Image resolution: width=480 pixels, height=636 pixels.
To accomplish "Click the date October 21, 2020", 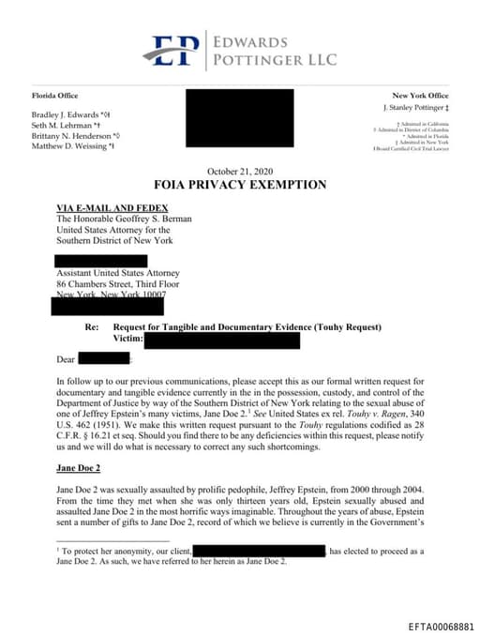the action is (x=239, y=170).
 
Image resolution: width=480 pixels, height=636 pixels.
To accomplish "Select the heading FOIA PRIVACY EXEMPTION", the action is (x=240, y=185).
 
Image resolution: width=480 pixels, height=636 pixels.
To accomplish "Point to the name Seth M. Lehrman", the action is (x=63, y=125).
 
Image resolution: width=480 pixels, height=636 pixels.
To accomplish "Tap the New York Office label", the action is (x=420, y=96).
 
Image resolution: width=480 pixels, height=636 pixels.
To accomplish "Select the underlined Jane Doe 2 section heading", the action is (x=81, y=466).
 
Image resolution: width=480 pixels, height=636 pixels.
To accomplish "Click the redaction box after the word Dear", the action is (x=103, y=358).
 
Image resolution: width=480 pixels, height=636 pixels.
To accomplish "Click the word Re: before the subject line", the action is (x=92, y=326).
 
